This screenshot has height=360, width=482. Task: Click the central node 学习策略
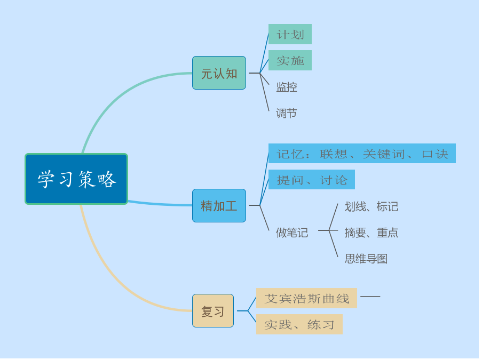76,179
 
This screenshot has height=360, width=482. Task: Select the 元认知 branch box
219,73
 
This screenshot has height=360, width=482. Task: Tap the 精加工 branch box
219,205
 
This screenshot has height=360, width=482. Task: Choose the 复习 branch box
213,311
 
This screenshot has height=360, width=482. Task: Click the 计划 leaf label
290,35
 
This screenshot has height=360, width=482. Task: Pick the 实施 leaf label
290,61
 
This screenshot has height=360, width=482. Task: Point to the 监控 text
287,87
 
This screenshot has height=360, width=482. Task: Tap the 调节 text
287,113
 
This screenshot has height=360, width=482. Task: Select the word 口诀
435,154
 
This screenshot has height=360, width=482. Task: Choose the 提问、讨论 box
312,180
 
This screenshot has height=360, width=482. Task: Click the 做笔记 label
292,233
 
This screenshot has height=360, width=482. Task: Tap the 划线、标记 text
372,206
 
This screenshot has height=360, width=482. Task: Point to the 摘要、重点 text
372,233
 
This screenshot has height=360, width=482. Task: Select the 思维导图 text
366,259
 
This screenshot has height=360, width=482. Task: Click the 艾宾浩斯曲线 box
306,298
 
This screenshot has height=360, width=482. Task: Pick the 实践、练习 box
299,324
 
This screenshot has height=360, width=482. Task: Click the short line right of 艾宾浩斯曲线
370,296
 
